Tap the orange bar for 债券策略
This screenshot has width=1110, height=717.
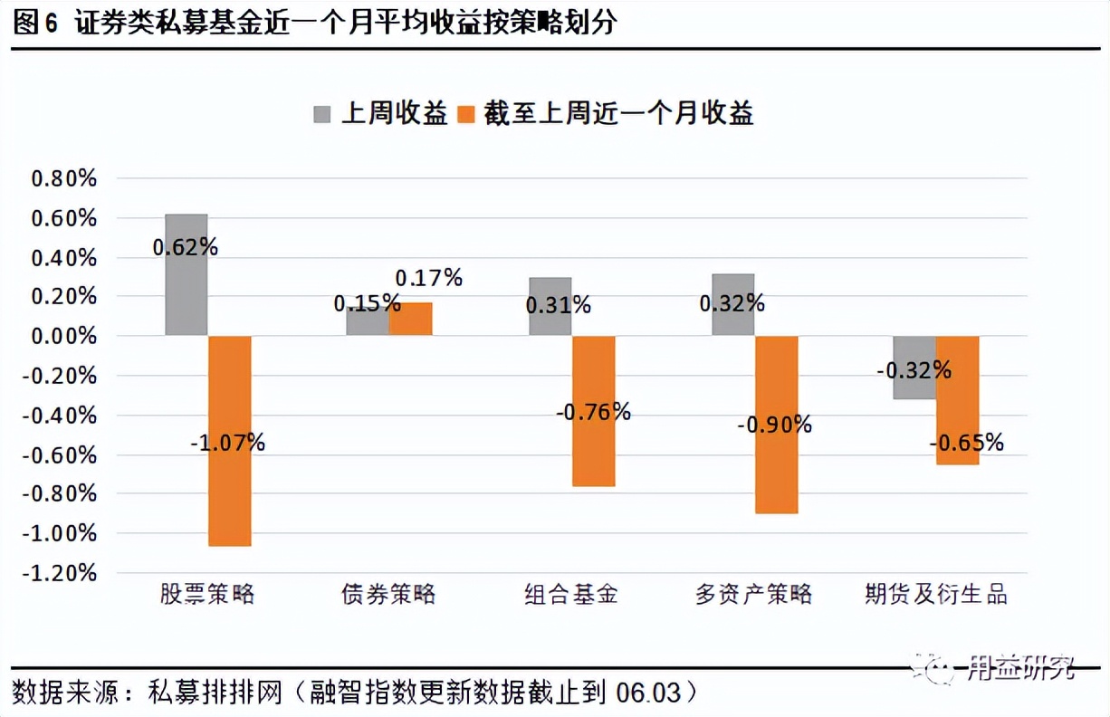pyautogui.click(x=411, y=319)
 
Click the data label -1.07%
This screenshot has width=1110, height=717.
pyautogui.click(x=227, y=443)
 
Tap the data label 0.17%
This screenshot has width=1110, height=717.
pyautogui.click(x=428, y=278)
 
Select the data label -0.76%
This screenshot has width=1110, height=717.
pyautogui.click(x=593, y=412)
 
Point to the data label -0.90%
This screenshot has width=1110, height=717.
pyautogui.click(x=774, y=424)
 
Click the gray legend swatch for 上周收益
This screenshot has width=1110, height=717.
pyautogui.click(x=323, y=114)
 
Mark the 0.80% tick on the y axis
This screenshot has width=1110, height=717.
pyautogui.click(x=63, y=178)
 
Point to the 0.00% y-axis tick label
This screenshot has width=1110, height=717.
pyautogui.click(x=63, y=336)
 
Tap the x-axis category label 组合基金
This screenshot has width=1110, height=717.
pyautogui.click(x=571, y=595)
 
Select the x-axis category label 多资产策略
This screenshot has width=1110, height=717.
pyautogui.click(x=753, y=595)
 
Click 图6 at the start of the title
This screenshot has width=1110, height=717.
pyautogui.click(x=36, y=23)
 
